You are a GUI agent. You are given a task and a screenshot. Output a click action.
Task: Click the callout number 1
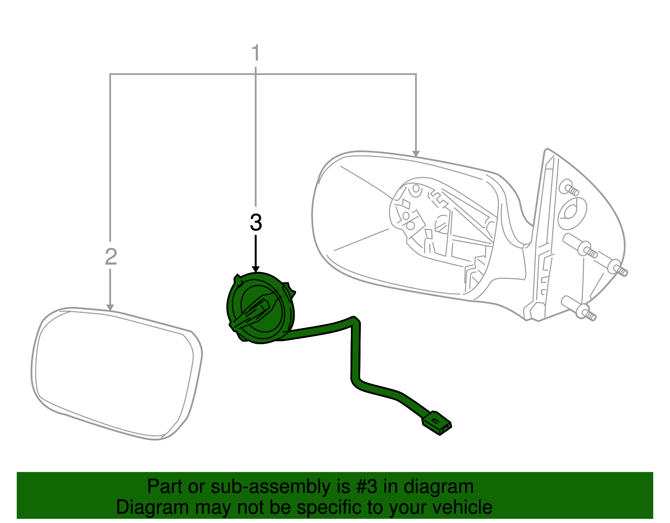pos(255,53)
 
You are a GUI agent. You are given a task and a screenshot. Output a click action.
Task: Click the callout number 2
pos(111,257)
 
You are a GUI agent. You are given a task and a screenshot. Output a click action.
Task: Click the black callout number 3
pos(256,222)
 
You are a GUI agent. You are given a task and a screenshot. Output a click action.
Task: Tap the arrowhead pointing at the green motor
pos(255,269)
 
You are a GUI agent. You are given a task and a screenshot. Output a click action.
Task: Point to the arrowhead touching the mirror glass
pos(110,307)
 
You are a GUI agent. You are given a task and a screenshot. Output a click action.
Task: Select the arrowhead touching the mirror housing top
pos(416,154)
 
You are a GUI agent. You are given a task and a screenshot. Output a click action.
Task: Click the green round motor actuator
pos(261,308)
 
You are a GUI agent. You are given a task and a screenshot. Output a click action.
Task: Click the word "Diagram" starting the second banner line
pos(152,508)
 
